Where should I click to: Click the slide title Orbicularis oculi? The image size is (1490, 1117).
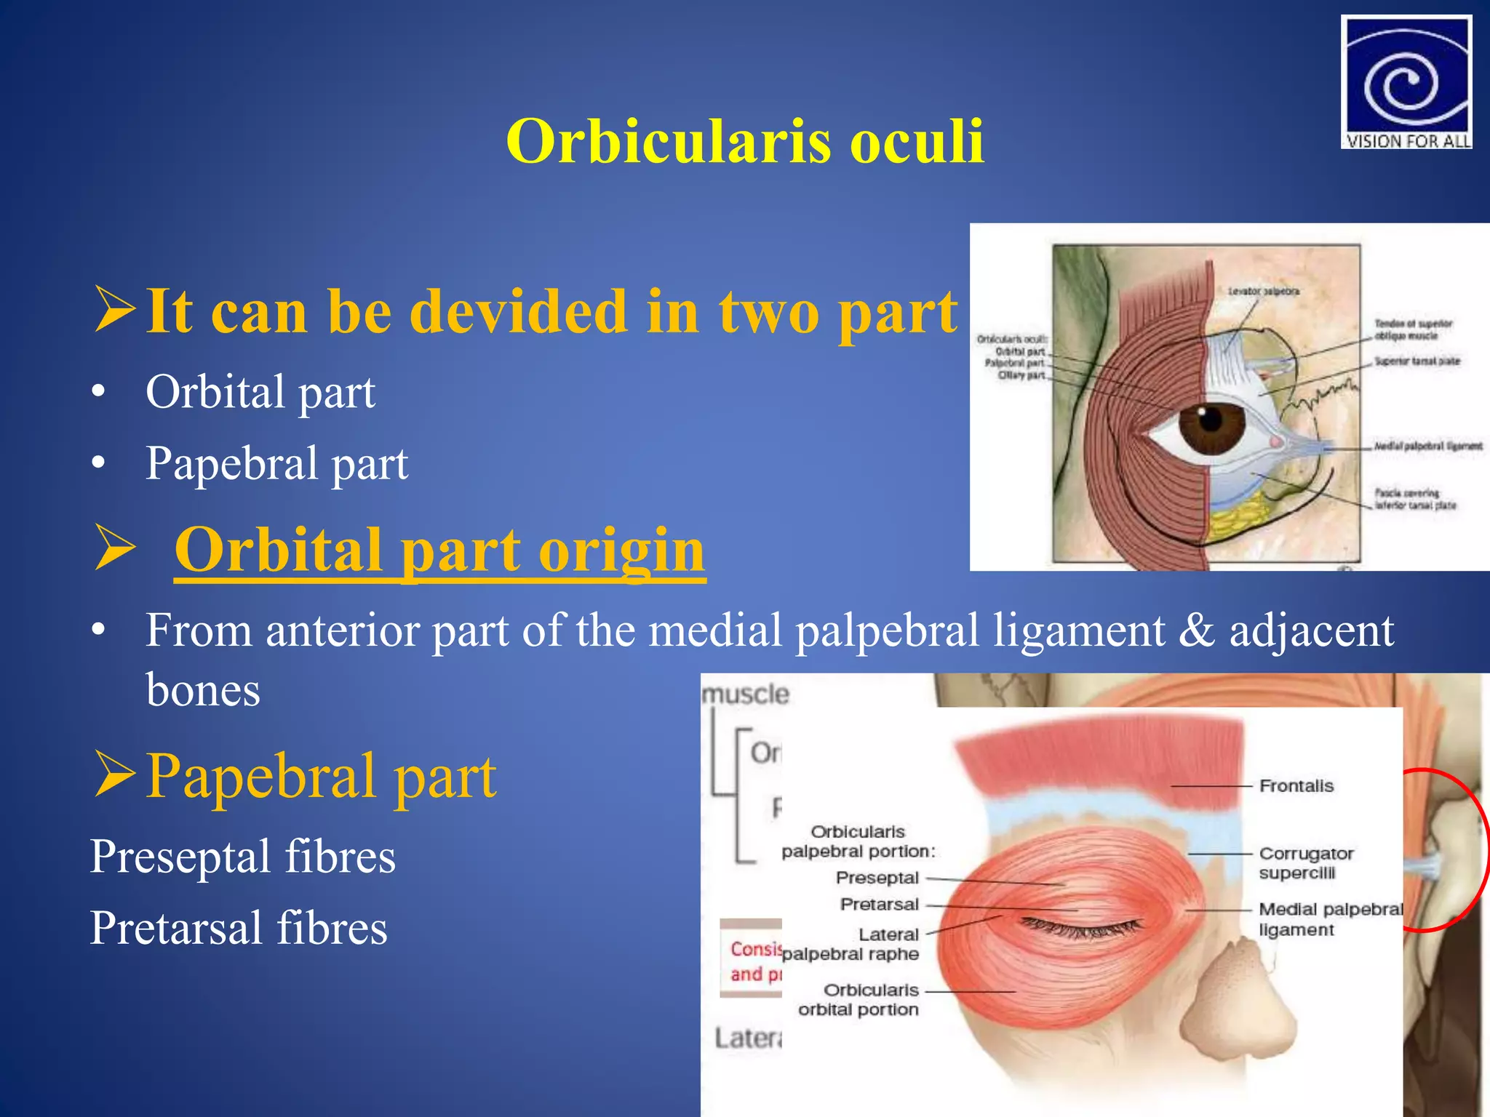[x=745, y=142]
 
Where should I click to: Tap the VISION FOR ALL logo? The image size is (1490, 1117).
[x=1406, y=82]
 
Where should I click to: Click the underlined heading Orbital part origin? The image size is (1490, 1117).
[x=439, y=551]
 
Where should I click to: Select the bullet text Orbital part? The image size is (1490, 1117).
[x=260, y=393]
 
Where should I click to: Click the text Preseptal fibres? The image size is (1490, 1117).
[x=243, y=857]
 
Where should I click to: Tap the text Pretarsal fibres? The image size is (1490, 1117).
[x=239, y=929]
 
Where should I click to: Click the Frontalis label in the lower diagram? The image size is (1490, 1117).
[x=1296, y=786]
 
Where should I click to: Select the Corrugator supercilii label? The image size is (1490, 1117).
[x=1305, y=863]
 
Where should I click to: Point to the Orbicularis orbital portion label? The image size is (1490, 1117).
[x=858, y=1000]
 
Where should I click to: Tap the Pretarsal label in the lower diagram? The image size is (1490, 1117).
[x=879, y=905]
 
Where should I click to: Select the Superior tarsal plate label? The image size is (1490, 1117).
[x=1416, y=361]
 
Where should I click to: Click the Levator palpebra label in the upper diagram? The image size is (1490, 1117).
[x=1263, y=292]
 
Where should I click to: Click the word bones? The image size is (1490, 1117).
[x=202, y=690]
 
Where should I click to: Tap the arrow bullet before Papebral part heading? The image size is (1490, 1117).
[x=115, y=775]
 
